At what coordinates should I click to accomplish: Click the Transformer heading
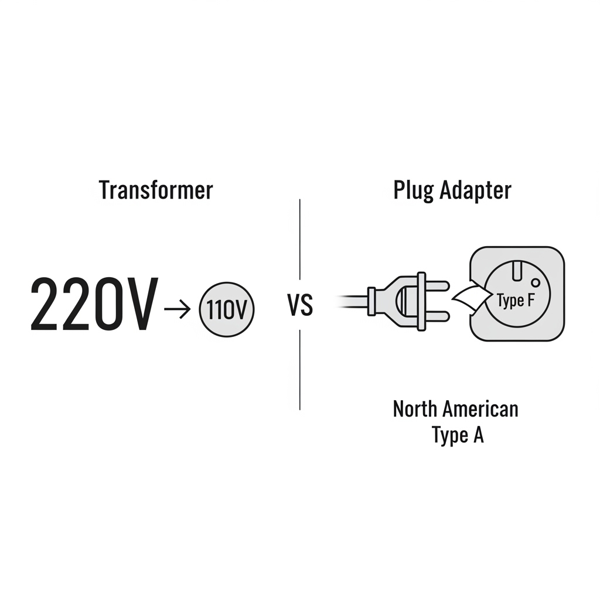[x=156, y=190]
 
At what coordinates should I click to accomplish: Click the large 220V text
[x=94, y=305]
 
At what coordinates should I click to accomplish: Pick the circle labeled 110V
[x=227, y=311]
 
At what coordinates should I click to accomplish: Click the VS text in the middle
[x=301, y=306]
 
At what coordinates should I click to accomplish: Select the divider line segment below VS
[x=299, y=369]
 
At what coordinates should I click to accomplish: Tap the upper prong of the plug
[x=437, y=285]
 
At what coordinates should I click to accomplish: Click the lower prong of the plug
[x=437, y=317]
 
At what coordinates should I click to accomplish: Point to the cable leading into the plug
[x=352, y=301]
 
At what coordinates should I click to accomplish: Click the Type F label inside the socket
[x=516, y=301]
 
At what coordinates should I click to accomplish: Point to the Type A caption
[x=458, y=435]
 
